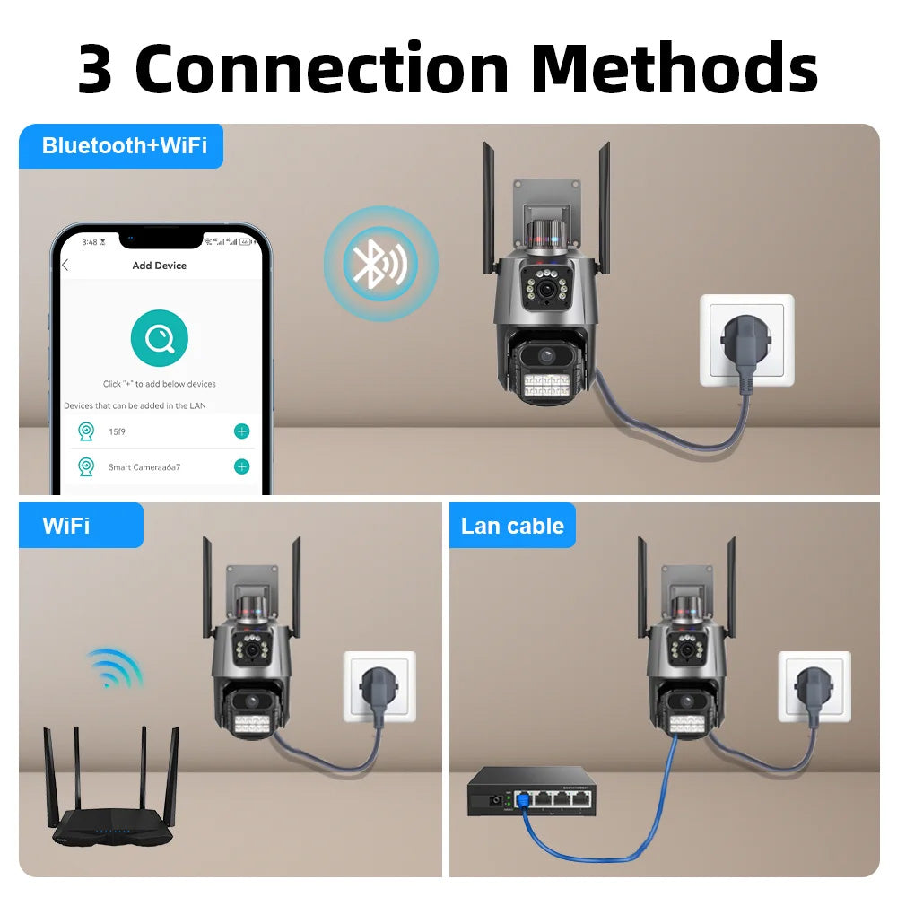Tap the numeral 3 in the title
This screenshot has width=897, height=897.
[x=95, y=70]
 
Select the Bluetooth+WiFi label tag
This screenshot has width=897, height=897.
[x=124, y=146]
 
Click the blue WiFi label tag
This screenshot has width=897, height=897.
[x=67, y=526]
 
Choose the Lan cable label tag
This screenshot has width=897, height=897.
[x=512, y=526]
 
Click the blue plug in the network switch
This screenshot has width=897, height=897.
[x=521, y=801]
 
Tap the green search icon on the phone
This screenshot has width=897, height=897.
[x=159, y=338]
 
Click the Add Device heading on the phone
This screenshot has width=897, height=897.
[x=160, y=266]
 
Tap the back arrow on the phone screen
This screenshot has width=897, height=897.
[x=65, y=266]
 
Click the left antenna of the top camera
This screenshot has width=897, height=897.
[x=489, y=206]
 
